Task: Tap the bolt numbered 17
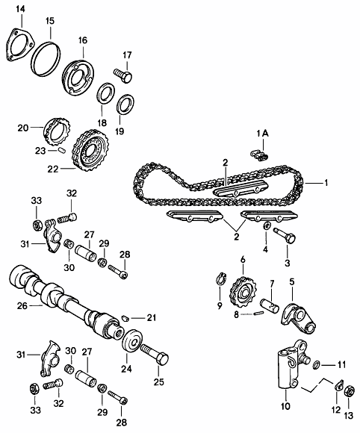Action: tap(124, 73)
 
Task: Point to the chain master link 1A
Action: tap(259, 154)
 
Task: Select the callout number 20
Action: tap(23, 127)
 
